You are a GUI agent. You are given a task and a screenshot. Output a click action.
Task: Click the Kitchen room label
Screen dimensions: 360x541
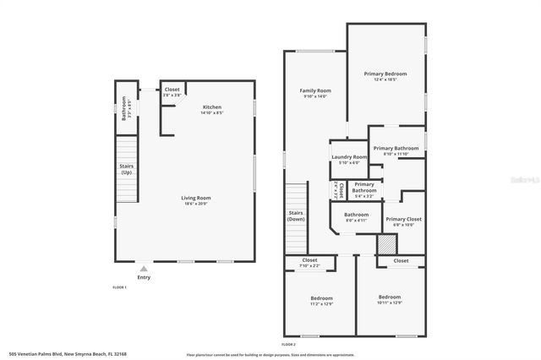(x=212, y=107)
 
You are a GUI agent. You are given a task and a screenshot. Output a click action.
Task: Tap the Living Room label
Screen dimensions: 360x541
(x=195, y=199)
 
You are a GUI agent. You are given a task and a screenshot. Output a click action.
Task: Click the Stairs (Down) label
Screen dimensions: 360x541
(x=296, y=215)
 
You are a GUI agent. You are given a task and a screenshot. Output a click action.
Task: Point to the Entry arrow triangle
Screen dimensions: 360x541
(x=143, y=267)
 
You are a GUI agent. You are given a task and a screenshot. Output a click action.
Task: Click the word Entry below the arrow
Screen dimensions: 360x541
(x=143, y=276)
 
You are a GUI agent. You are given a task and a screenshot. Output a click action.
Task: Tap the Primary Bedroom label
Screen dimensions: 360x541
(x=385, y=74)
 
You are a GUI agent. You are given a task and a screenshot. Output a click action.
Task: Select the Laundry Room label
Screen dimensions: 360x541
(x=349, y=157)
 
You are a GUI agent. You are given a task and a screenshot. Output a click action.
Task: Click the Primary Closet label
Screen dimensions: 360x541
(x=403, y=219)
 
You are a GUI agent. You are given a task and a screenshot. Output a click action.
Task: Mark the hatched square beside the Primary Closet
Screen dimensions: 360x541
(x=386, y=243)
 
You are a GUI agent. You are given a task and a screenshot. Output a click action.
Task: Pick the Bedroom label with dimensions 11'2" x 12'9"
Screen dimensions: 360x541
(x=321, y=298)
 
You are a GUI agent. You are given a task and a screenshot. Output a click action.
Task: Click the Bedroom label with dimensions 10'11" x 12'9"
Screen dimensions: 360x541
(x=390, y=297)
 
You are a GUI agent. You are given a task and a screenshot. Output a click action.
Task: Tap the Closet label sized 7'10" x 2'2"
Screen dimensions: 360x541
(x=309, y=260)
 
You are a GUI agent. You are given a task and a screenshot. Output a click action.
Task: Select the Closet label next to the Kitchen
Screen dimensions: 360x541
(x=172, y=90)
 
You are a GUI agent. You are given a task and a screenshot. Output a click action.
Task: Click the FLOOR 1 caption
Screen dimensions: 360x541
(x=119, y=288)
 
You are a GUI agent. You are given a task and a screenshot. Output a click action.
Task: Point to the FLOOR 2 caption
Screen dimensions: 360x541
(x=289, y=345)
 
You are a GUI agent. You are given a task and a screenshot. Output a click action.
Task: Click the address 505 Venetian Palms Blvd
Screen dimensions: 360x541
(x=60, y=354)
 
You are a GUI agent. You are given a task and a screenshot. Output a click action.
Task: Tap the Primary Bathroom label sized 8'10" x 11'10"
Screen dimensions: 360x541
(x=396, y=149)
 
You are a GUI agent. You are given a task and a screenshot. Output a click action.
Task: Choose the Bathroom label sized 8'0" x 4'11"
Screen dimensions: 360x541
(x=356, y=215)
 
